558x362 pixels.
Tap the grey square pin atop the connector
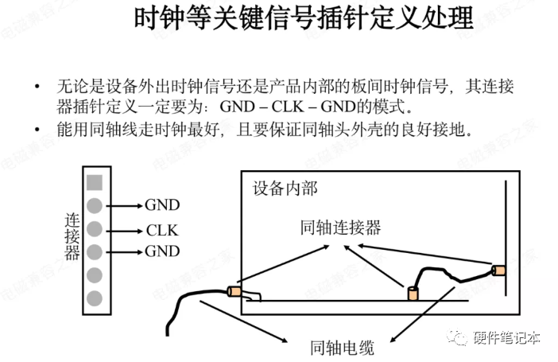pos(95,181)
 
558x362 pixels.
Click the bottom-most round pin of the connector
pos(95,298)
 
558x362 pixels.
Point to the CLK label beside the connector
pos(162,231)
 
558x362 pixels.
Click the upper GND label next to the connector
pos(162,204)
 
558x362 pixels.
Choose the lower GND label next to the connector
pos(162,252)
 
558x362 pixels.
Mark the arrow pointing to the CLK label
pos(123,231)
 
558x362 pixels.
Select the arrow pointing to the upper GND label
pos(123,205)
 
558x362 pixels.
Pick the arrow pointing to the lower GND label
pos(123,253)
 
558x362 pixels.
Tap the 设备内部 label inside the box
pos(285,189)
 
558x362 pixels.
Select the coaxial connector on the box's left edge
pos(234,291)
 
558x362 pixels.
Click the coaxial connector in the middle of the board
pos(413,294)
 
